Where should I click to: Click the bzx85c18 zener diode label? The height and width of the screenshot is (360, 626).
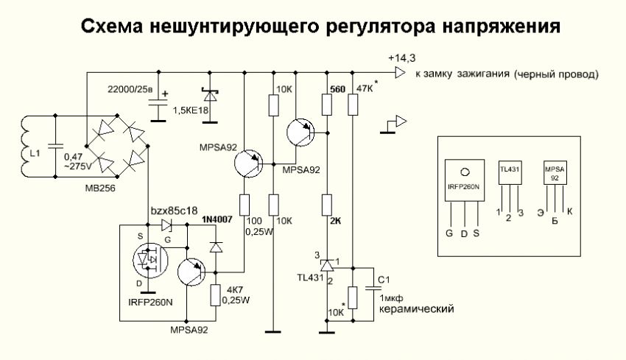pos(174,211)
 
